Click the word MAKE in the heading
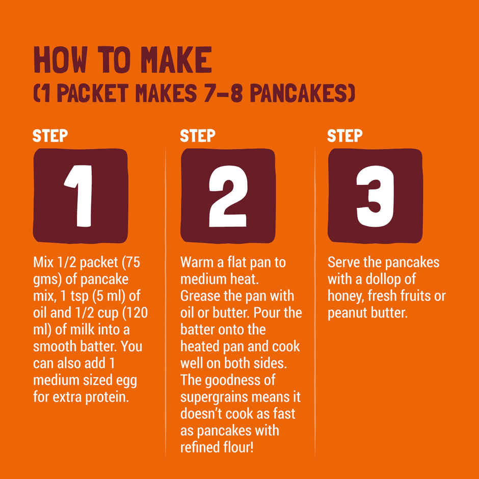click(177, 60)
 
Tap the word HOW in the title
click(60, 60)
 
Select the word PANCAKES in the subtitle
click(302, 93)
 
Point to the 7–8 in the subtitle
click(223, 93)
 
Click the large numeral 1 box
click(81, 196)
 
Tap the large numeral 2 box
click(228, 196)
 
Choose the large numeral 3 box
click(375, 196)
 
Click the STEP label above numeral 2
click(197, 136)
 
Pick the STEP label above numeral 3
click(344, 136)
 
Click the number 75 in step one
click(133, 262)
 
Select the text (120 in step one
click(136, 313)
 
